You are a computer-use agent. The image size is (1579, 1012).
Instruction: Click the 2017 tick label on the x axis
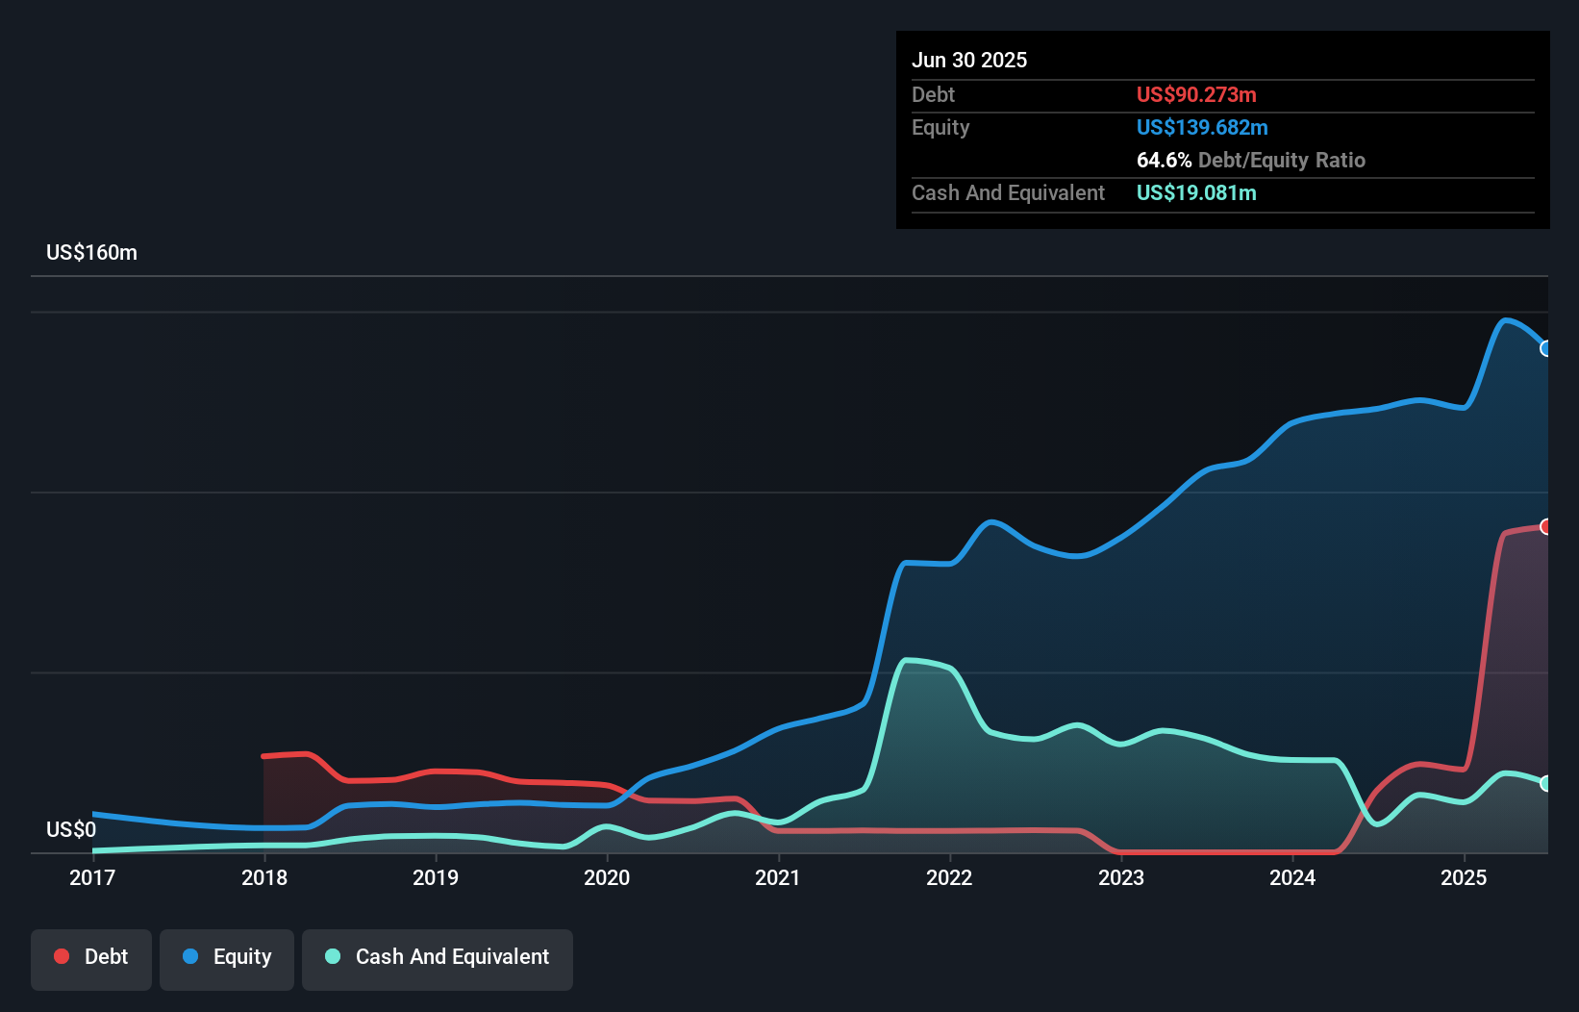pos(92,877)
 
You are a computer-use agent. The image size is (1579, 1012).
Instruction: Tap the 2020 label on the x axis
pos(607,877)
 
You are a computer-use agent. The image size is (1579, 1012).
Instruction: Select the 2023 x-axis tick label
pos(1121,877)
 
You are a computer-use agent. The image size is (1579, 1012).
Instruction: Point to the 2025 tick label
pos(1464,877)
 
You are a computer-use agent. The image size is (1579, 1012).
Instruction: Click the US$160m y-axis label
pos(91,253)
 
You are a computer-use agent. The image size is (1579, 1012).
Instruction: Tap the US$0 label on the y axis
pos(71,829)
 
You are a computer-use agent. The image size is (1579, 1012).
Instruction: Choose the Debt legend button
pos(91,957)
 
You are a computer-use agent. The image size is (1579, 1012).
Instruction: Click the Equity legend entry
pos(227,957)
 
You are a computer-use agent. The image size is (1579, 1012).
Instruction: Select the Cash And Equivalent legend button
pos(438,957)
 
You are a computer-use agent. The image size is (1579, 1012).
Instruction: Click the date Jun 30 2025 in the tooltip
pos(969,61)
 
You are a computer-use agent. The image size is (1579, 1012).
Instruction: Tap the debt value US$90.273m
pos(1196,95)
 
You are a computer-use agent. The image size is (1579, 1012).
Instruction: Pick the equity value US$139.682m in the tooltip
pos(1202,128)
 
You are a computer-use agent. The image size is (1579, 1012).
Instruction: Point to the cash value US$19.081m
pos(1196,193)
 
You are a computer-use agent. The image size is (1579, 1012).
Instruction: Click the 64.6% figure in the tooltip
pos(1164,161)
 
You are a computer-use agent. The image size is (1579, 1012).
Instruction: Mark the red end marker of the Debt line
pos(1545,526)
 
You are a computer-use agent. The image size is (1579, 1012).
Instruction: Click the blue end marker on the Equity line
pos(1545,349)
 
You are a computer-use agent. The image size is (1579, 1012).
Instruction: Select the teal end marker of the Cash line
pos(1545,783)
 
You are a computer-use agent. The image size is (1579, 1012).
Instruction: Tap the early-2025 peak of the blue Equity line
pos(1506,320)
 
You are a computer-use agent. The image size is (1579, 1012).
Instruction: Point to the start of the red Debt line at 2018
pos(264,756)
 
